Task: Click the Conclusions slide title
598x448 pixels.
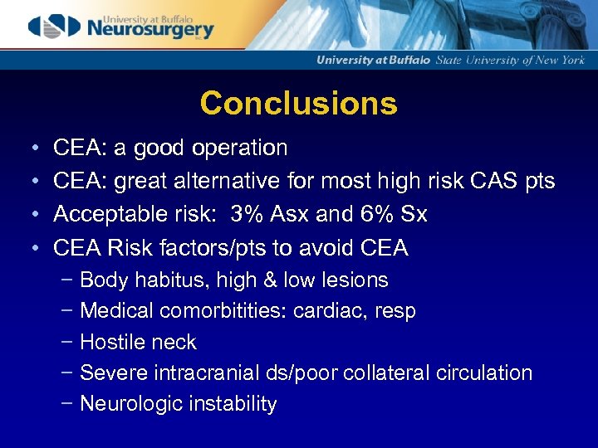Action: [298, 104]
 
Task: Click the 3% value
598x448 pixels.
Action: [247, 215]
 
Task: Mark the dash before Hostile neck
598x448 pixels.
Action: [66, 342]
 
